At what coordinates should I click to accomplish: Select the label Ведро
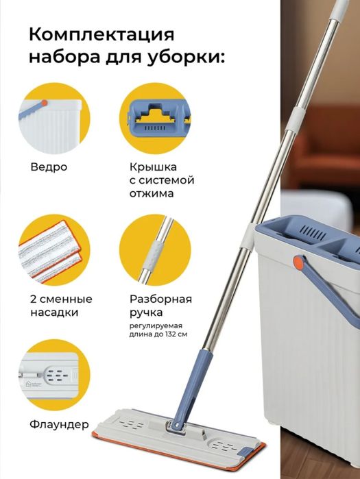(49, 167)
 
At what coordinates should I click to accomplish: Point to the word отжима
(152, 193)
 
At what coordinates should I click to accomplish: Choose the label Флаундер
(59, 424)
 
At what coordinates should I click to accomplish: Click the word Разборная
(160, 299)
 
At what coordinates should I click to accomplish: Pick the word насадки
(54, 312)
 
